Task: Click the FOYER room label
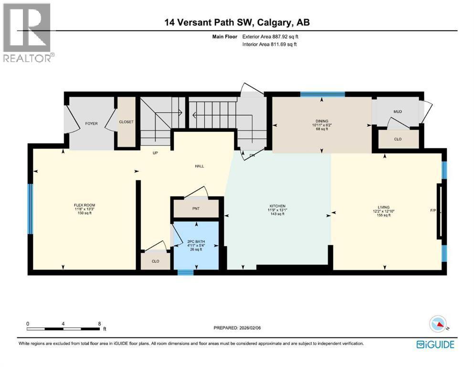(91, 124)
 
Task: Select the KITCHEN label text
(277, 206)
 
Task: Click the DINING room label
(322, 121)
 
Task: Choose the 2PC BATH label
(195, 242)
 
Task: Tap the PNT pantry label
(196, 209)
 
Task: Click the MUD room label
(397, 112)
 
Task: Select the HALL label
(200, 166)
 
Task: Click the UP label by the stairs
(155, 153)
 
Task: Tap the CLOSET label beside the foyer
(126, 122)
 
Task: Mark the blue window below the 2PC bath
(185, 273)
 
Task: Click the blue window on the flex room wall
(30, 209)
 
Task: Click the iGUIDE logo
(435, 344)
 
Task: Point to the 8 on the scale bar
(99, 324)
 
